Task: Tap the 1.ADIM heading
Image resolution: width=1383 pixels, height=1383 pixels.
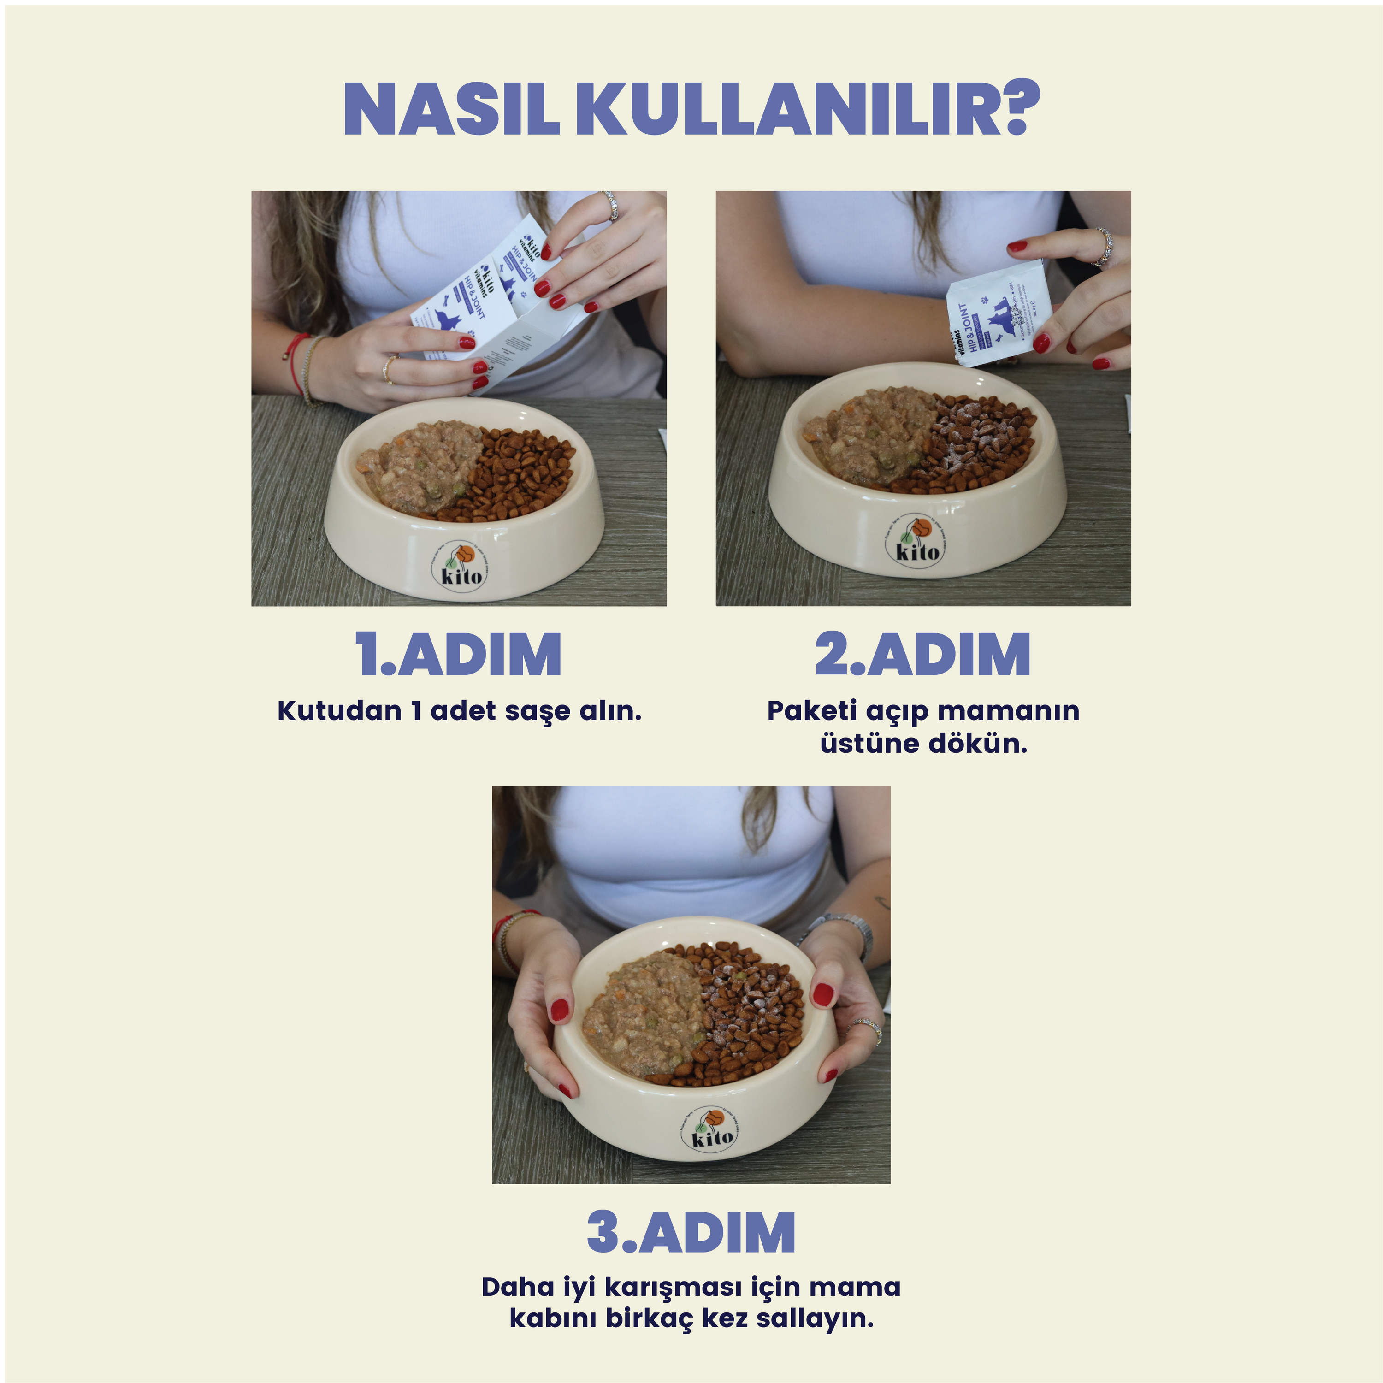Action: click(x=458, y=654)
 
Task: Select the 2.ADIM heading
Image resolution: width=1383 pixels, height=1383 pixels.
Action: click(x=923, y=654)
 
